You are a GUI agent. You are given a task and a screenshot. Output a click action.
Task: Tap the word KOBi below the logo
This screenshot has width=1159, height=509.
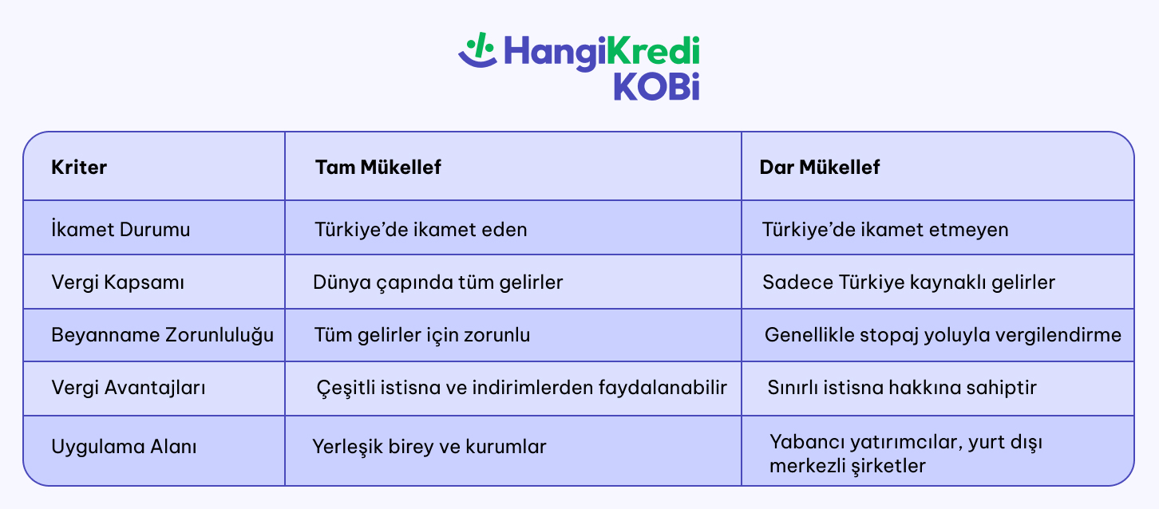(656, 86)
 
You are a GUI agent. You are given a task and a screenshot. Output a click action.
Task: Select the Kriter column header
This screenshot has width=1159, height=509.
(79, 167)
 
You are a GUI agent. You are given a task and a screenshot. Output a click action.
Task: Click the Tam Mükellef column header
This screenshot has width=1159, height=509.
(378, 167)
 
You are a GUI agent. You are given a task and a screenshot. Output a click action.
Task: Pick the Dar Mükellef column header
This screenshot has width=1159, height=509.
(819, 167)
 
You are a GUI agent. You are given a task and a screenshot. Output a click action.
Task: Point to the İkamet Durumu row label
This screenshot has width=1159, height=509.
(121, 230)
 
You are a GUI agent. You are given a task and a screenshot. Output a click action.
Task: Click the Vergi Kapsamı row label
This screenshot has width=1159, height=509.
(117, 282)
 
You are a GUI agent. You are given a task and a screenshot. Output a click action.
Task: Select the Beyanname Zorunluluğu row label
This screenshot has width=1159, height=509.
(162, 335)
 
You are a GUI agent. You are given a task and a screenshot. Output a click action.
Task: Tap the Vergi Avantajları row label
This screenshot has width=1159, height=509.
(129, 389)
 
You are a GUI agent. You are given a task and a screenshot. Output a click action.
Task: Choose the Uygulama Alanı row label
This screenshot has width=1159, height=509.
(124, 447)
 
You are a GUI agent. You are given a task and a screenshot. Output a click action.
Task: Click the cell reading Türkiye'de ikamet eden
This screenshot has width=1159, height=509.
(421, 230)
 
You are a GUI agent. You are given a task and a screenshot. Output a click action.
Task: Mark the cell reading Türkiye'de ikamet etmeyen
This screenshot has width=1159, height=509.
(885, 230)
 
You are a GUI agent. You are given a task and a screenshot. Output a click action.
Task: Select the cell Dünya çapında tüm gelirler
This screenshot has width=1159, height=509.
(438, 282)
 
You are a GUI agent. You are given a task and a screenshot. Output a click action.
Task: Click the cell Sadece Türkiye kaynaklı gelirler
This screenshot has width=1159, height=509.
(908, 282)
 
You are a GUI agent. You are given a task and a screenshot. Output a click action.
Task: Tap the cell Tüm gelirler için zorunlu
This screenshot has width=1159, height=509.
(422, 335)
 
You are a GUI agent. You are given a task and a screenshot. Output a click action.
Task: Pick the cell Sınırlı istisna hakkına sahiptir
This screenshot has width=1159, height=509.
(902, 389)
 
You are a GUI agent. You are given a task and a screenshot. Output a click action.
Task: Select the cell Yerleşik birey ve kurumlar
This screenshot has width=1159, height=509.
(429, 447)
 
